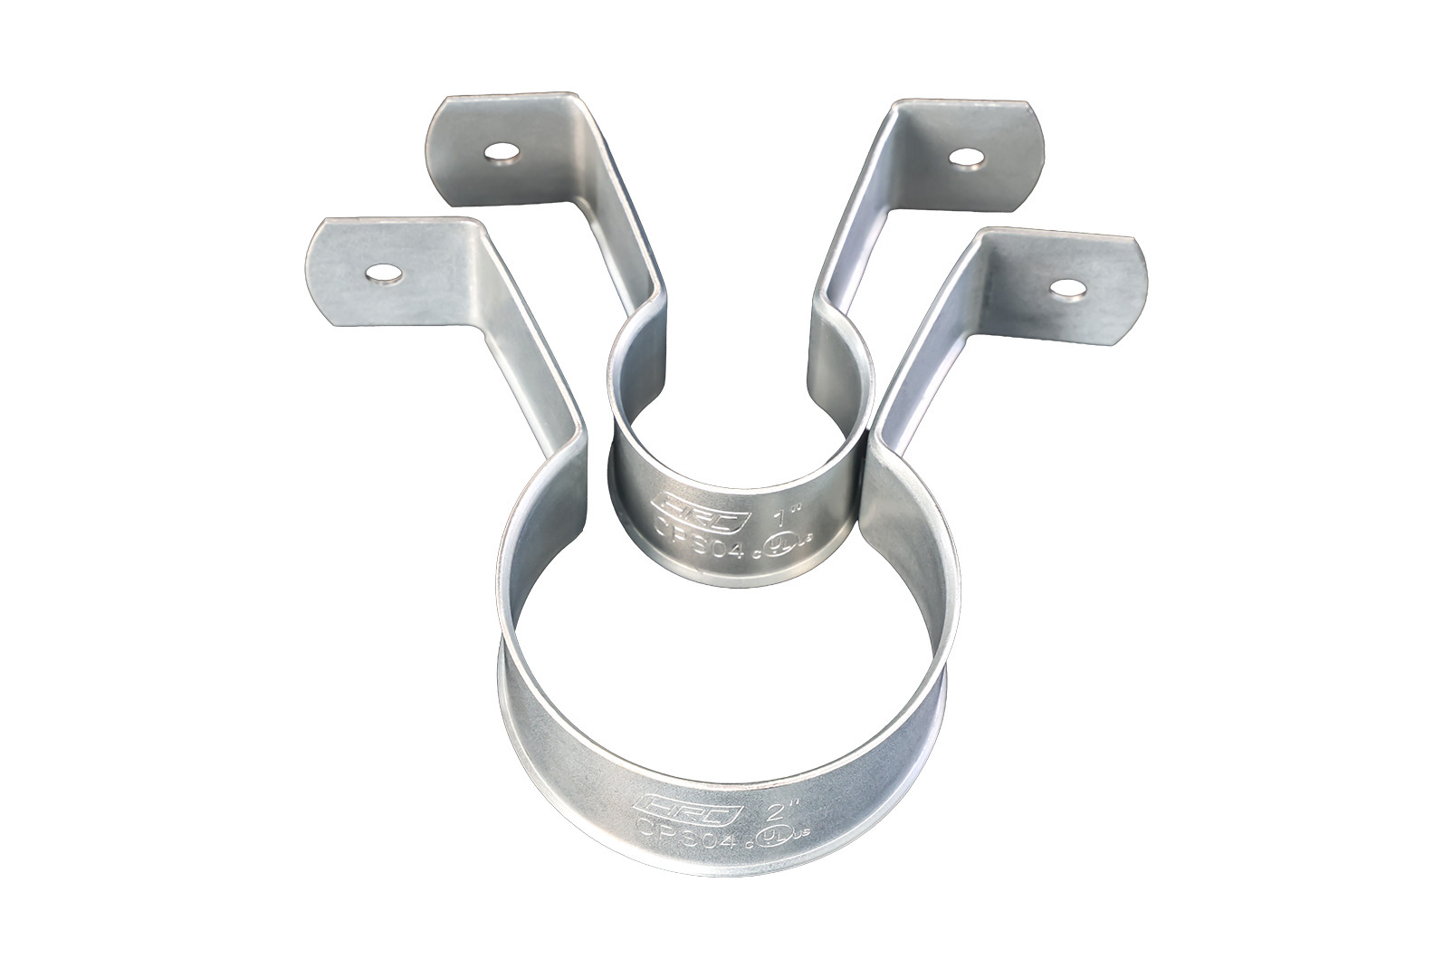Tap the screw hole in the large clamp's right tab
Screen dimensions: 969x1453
pos(1068,288)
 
